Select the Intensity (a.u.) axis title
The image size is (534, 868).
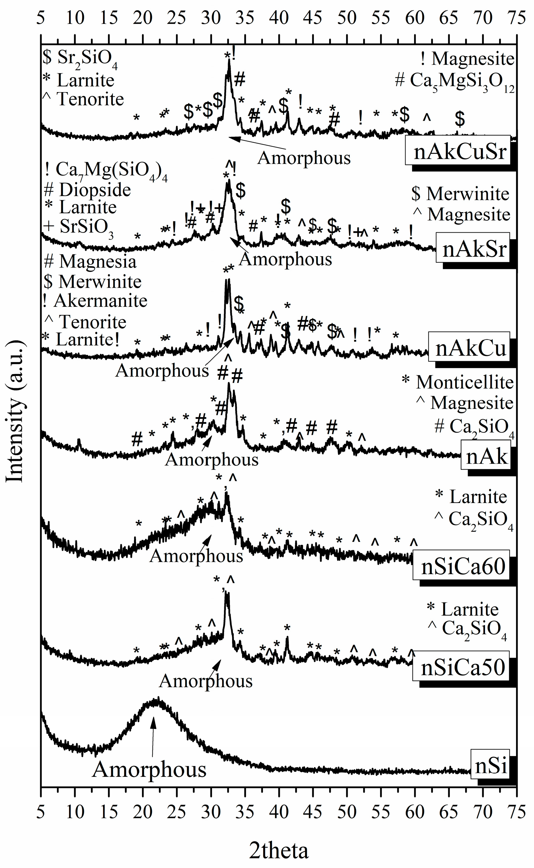(x=15, y=412)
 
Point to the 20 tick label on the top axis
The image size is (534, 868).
(x=142, y=18)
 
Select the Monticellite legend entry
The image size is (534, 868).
(x=465, y=382)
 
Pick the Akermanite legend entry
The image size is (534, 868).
(x=100, y=301)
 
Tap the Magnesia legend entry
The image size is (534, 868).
(x=97, y=262)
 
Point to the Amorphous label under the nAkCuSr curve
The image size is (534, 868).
(x=304, y=158)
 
